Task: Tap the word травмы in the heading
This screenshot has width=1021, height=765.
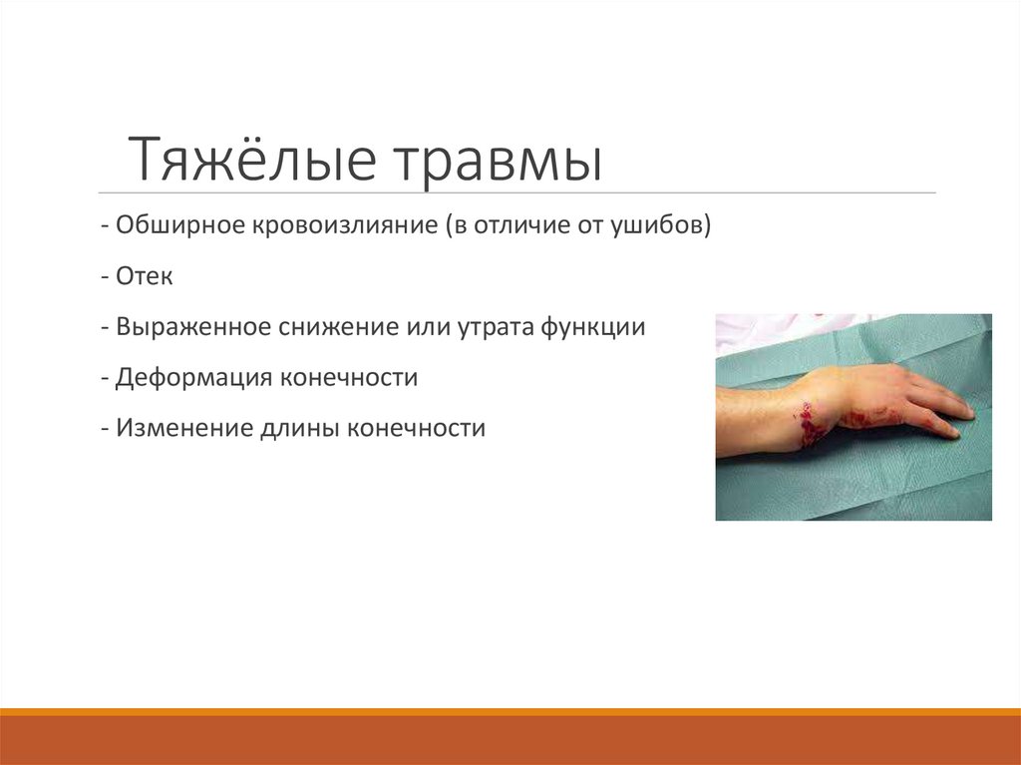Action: pos(501,162)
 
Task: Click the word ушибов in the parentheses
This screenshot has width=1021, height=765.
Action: pos(671,224)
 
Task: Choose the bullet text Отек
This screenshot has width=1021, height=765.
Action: pos(144,275)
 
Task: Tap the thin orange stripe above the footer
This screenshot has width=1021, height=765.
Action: pos(510,712)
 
